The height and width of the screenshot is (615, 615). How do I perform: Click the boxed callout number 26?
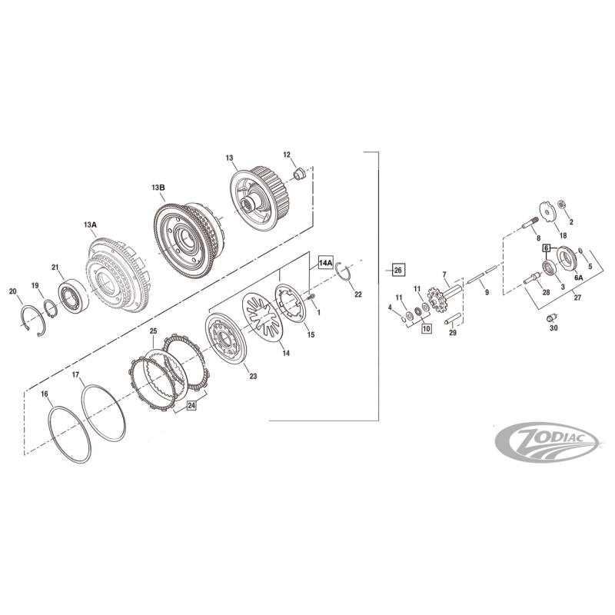point(397,270)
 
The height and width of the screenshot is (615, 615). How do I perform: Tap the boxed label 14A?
point(326,264)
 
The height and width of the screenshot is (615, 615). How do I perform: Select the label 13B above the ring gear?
point(158,188)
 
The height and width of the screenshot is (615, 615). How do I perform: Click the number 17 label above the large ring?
point(75,375)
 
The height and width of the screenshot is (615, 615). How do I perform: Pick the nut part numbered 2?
point(562,204)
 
